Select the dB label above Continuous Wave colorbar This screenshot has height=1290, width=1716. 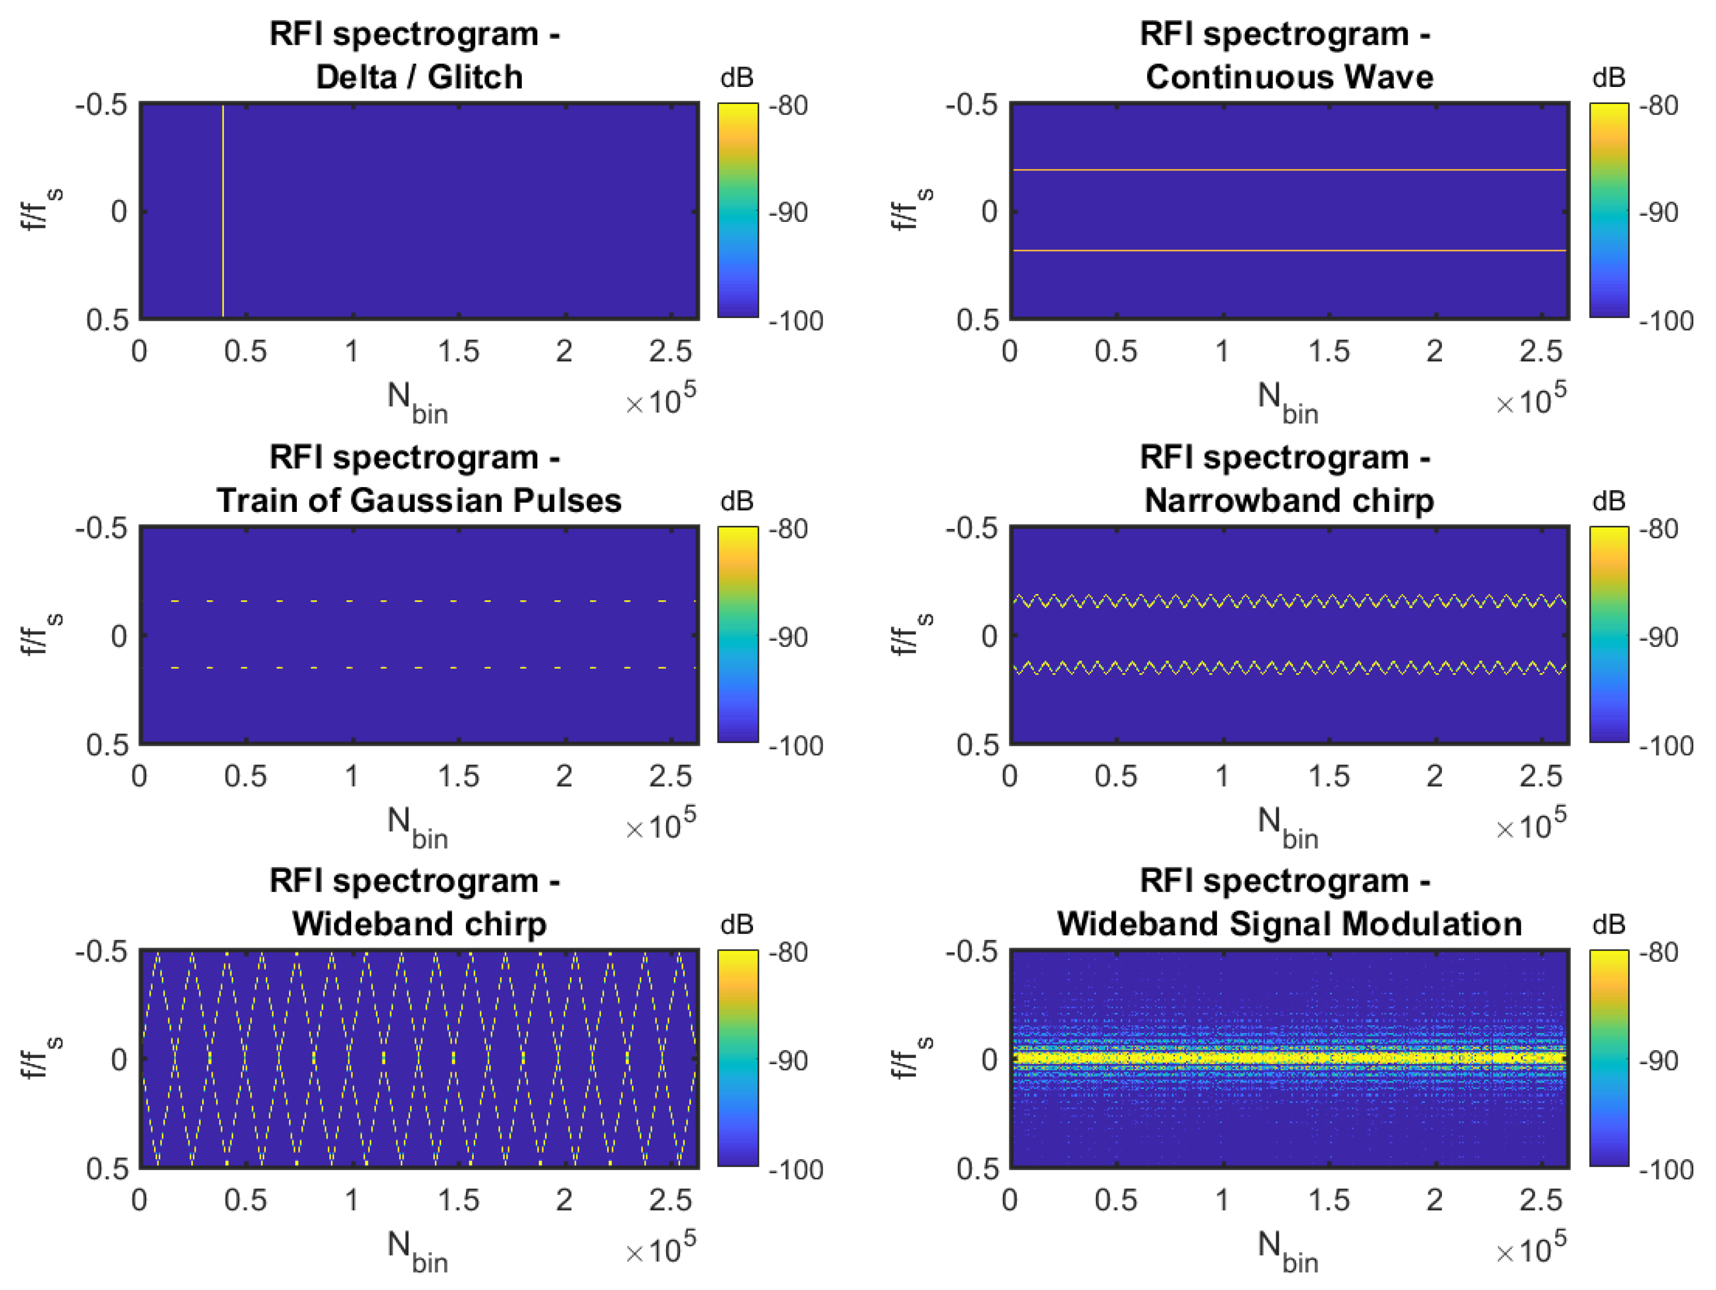pyautogui.click(x=1608, y=78)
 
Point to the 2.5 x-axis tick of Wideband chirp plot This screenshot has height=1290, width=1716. pyautogui.click(x=670, y=1200)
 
